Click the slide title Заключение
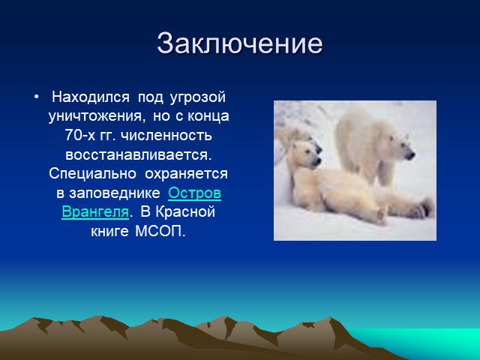(240, 43)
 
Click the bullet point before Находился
(37, 97)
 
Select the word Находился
(91, 97)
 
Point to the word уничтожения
(95, 117)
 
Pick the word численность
(166, 136)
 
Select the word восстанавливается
(138, 154)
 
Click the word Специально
(92, 174)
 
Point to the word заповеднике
(115, 193)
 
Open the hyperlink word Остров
(194, 193)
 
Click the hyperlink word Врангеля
(95, 212)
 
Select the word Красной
(185, 211)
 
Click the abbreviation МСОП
(160, 231)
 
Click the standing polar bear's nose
(410, 154)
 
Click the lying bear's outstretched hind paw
(425, 208)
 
